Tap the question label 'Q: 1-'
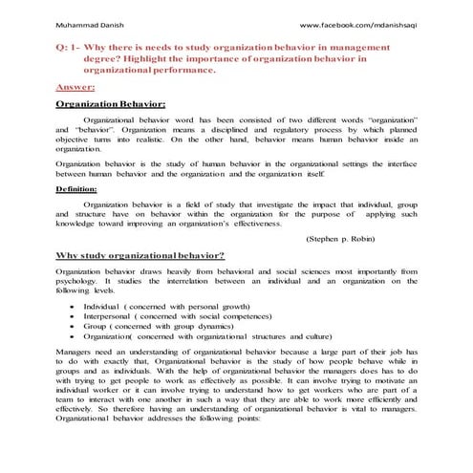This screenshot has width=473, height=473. coord(69,46)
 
